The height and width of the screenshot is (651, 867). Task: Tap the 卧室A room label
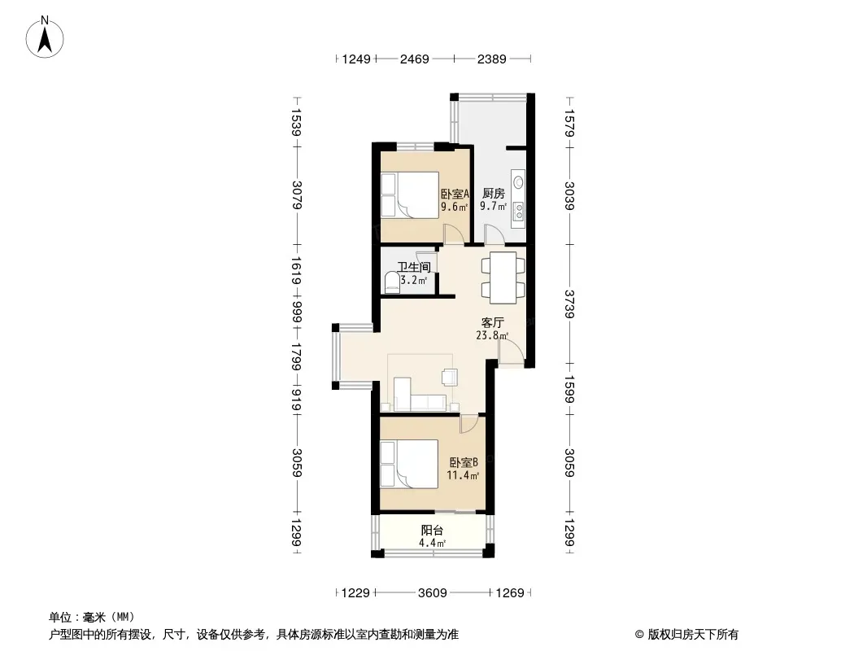[455, 194]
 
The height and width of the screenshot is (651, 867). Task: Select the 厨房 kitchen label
[493, 194]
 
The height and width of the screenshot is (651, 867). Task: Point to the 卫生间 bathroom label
[414, 267]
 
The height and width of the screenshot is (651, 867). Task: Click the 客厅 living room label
[492, 322]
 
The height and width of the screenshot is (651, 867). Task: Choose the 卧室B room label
[464, 462]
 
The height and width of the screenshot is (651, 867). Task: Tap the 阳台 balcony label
[432, 531]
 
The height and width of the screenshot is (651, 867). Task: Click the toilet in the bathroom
[392, 282]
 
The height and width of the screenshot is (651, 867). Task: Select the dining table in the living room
[503, 277]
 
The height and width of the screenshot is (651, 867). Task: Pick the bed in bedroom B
[409, 464]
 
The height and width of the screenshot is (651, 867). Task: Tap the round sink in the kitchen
[519, 181]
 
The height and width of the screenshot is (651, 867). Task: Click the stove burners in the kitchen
[519, 212]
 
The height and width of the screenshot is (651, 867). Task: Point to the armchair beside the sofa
[450, 377]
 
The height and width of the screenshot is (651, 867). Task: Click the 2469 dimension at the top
[414, 59]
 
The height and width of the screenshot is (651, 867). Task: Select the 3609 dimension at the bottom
[433, 593]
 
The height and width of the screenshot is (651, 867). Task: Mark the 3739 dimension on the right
[569, 305]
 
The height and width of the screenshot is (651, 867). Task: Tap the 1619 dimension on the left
[297, 270]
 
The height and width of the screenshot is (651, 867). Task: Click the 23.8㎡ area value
[492, 335]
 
